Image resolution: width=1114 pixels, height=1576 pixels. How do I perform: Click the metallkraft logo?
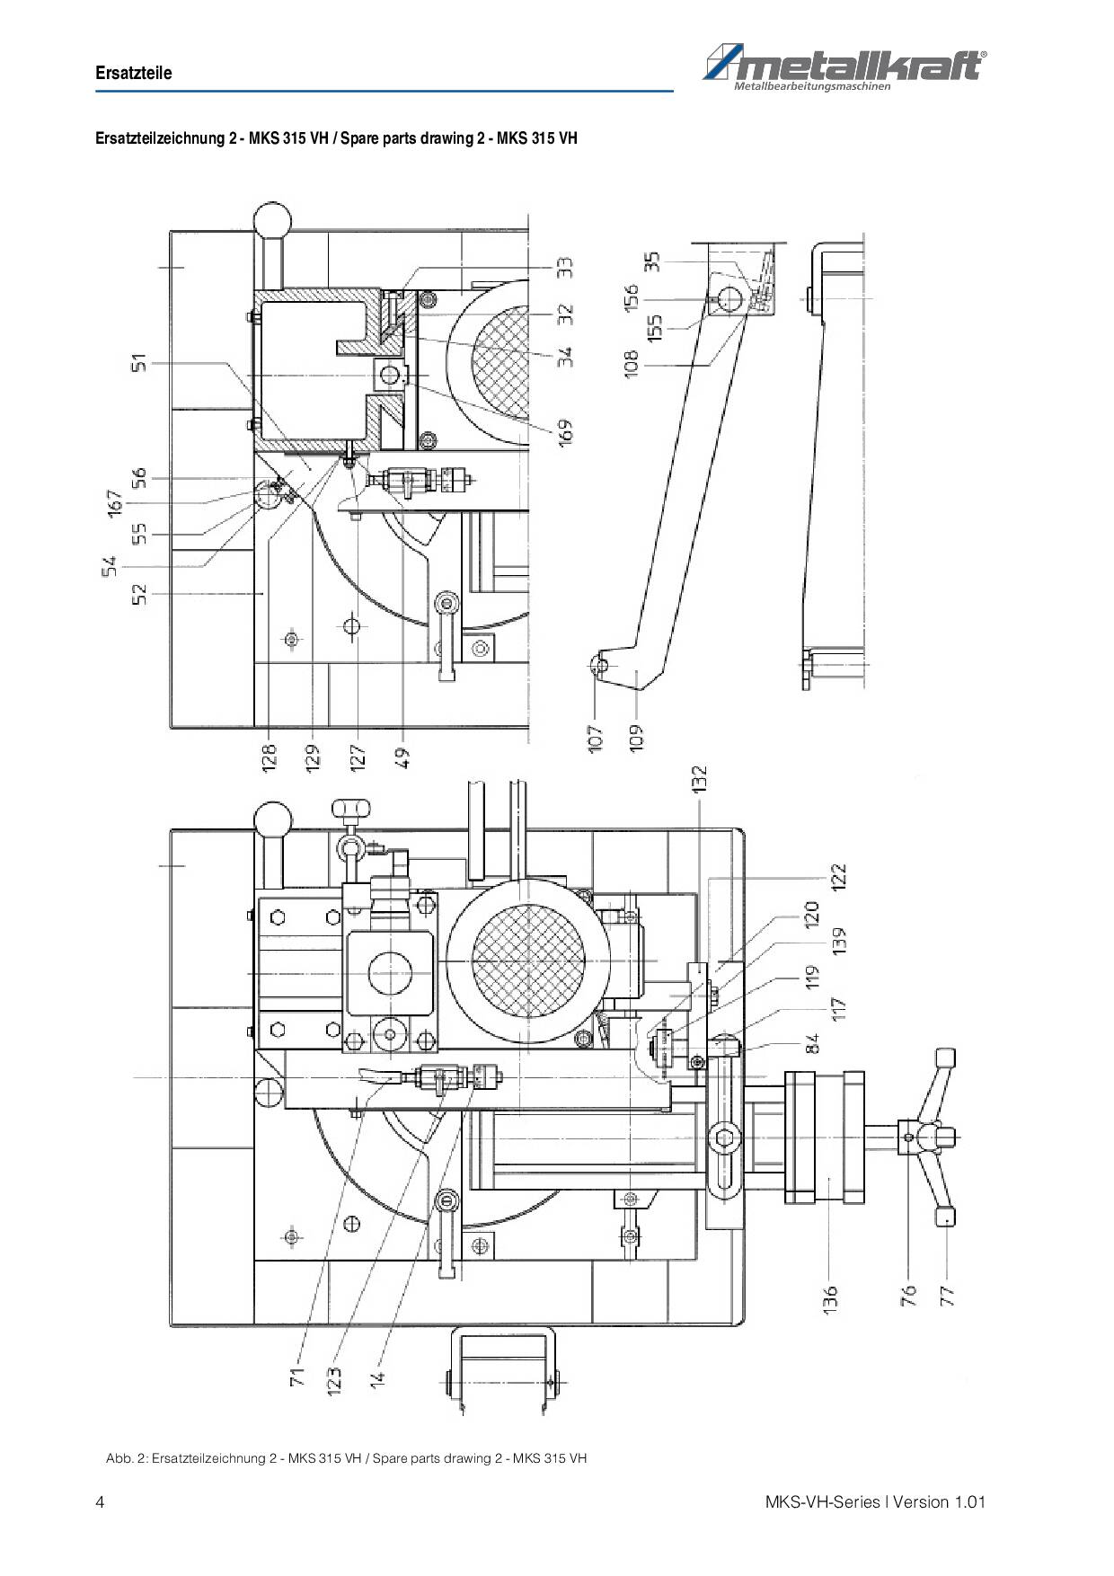click(x=844, y=69)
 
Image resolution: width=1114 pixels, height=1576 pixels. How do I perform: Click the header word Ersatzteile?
click(x=134, y=73)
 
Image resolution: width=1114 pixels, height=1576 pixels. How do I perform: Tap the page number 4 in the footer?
click(x=100, y=1501)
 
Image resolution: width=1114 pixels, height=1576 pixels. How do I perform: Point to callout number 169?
click(x=564, y=430)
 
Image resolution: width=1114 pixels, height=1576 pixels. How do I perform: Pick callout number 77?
click(x=946, y=1296)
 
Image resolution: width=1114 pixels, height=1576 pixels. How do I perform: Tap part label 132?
click(x=699, y=778)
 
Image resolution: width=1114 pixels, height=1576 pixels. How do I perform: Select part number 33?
click(x=564, y=268)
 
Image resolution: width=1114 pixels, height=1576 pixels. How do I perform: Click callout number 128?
click(x=269, y=755)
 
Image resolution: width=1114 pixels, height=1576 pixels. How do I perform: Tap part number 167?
click(x=114, y=502)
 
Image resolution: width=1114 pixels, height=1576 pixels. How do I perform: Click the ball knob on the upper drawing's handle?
click(x=272, y=220)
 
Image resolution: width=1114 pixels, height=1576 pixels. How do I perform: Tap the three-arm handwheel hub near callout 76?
click(x=910, y=1137)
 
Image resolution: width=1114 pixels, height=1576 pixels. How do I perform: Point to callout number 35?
click(x=653, y=261)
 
